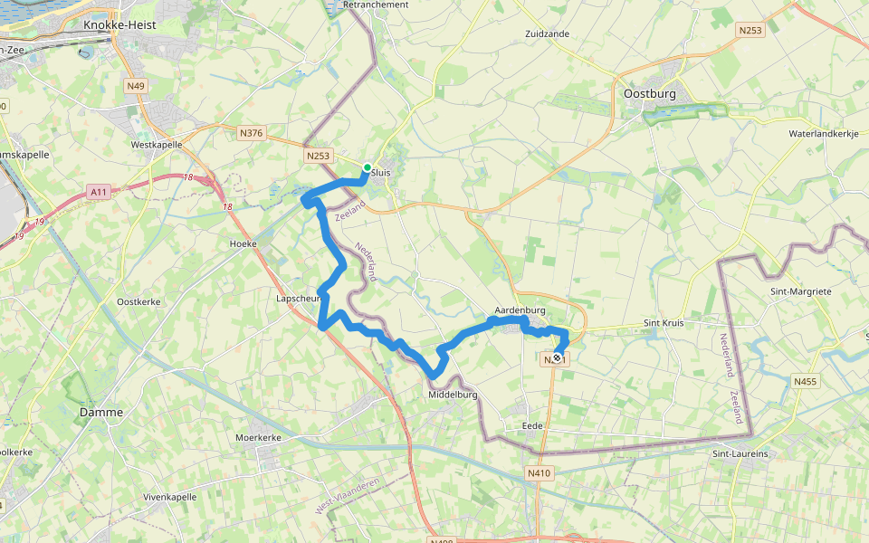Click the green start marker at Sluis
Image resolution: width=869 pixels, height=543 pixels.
(367, 167)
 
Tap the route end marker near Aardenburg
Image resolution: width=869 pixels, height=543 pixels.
(556, 358)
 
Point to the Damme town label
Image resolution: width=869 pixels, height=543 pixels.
(101, 412)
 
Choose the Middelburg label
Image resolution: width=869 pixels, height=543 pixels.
(453, 395)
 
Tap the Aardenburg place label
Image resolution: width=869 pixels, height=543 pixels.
(520, 310)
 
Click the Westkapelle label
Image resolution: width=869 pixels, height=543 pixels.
(157, 144)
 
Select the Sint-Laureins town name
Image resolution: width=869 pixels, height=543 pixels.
(740, 453)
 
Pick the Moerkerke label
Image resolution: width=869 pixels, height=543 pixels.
(258, 437)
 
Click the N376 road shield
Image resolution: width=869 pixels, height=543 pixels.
(251, 133)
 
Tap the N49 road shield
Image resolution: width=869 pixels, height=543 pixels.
(136, 86)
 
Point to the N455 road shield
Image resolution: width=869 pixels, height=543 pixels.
(805, 382)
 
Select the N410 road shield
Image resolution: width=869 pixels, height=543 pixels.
(539, 472)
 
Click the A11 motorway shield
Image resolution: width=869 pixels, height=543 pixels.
(100, 192)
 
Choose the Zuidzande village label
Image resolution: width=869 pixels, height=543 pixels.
(547, 33)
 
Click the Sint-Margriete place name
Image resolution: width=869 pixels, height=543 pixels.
(800, 291)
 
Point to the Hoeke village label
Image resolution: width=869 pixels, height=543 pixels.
(244, 243)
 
